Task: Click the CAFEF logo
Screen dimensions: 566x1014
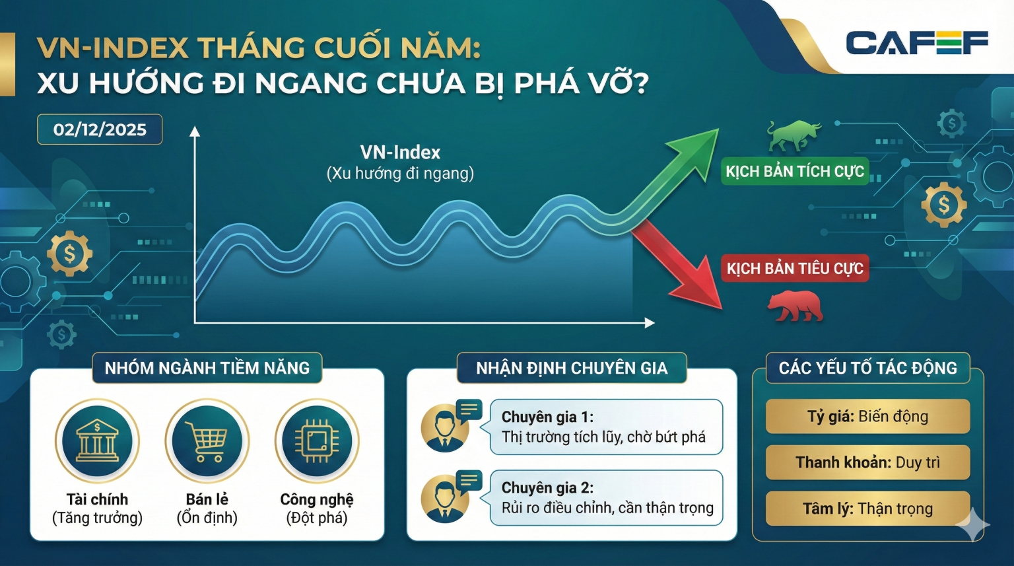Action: pyautogui.click(x=916, y=43)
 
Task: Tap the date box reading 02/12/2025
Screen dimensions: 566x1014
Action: pyautogui.click(x=100, y=129)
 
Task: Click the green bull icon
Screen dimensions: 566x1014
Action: pyautogui.click(x=794, y=135)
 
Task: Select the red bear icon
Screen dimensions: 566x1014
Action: pyautogui.click(x=795, y=306)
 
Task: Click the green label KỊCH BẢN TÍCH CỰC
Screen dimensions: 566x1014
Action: pyautogui.click(x=795, y=172)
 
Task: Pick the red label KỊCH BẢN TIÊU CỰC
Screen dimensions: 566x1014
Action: pyautogui.click(x=795, y=269)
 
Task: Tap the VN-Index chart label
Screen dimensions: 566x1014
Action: pyautogui.click(x=400, y=153)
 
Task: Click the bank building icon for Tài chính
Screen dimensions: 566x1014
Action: pyautogui.click(x=97, y=441)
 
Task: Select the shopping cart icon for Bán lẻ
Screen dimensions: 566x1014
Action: pyautogui.click(x=207, y=441)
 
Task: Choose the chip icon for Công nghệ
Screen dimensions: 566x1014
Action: pyautogui.click(x=317, y=441)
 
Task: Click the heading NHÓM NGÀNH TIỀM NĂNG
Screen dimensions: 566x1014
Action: pyautogui.click(x=207, y=368)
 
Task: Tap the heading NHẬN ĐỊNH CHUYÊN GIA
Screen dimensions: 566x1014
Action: pyautogui.click(x=572, y=368)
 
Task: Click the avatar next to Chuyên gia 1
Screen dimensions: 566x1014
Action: pyautogui.click(x=445, y=429)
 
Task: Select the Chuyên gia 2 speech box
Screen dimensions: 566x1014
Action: pyautogui.click(x=606, y=498)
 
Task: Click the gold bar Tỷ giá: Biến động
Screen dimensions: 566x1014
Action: pyautogui.click(x=867, y=417)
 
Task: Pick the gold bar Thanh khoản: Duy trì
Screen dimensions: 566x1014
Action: pyautogui.click(x=867, y=462)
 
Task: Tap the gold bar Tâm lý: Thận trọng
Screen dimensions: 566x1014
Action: pyautogui.click(x=867, y=509)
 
